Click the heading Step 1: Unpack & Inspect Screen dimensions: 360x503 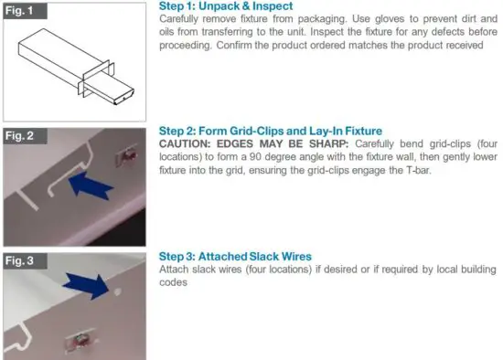point(220,6)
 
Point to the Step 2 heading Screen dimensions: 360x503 point(270,132)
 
